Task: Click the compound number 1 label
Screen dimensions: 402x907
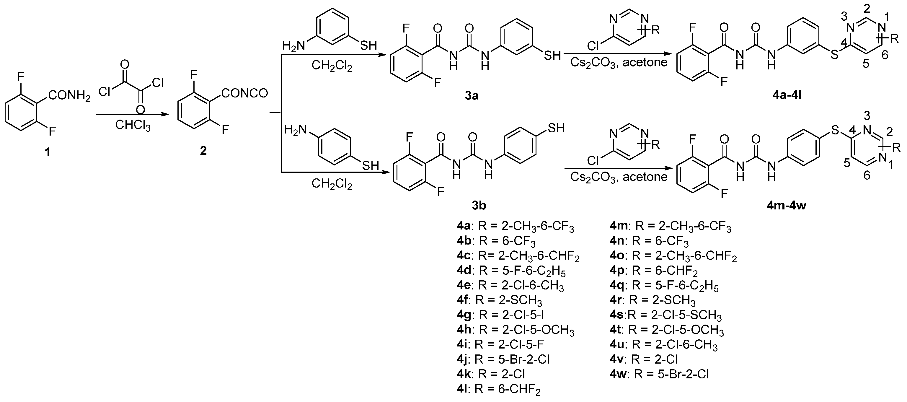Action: (47, 152)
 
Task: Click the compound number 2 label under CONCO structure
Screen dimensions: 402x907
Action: (203, 151)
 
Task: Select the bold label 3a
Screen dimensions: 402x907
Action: (472, 95)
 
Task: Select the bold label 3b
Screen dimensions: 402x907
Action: (479, 205)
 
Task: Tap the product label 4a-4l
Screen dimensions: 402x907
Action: (787, 95)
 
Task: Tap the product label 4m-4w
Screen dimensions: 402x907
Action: (786, 205)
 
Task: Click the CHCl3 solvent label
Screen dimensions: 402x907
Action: (133, 125)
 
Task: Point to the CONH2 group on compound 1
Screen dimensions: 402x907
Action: (69, 95)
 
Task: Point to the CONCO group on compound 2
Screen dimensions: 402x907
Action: (245, 93)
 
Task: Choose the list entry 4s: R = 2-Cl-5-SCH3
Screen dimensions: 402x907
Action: (665, 315)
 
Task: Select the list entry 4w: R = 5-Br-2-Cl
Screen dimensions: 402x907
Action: (659, 374)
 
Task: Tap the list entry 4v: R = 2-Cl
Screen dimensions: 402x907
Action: (644, 359)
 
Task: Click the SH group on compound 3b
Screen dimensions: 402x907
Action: (556, 128)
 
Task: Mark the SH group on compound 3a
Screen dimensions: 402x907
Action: (552, 55)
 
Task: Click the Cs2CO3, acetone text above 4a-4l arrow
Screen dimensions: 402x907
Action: (619, 63)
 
